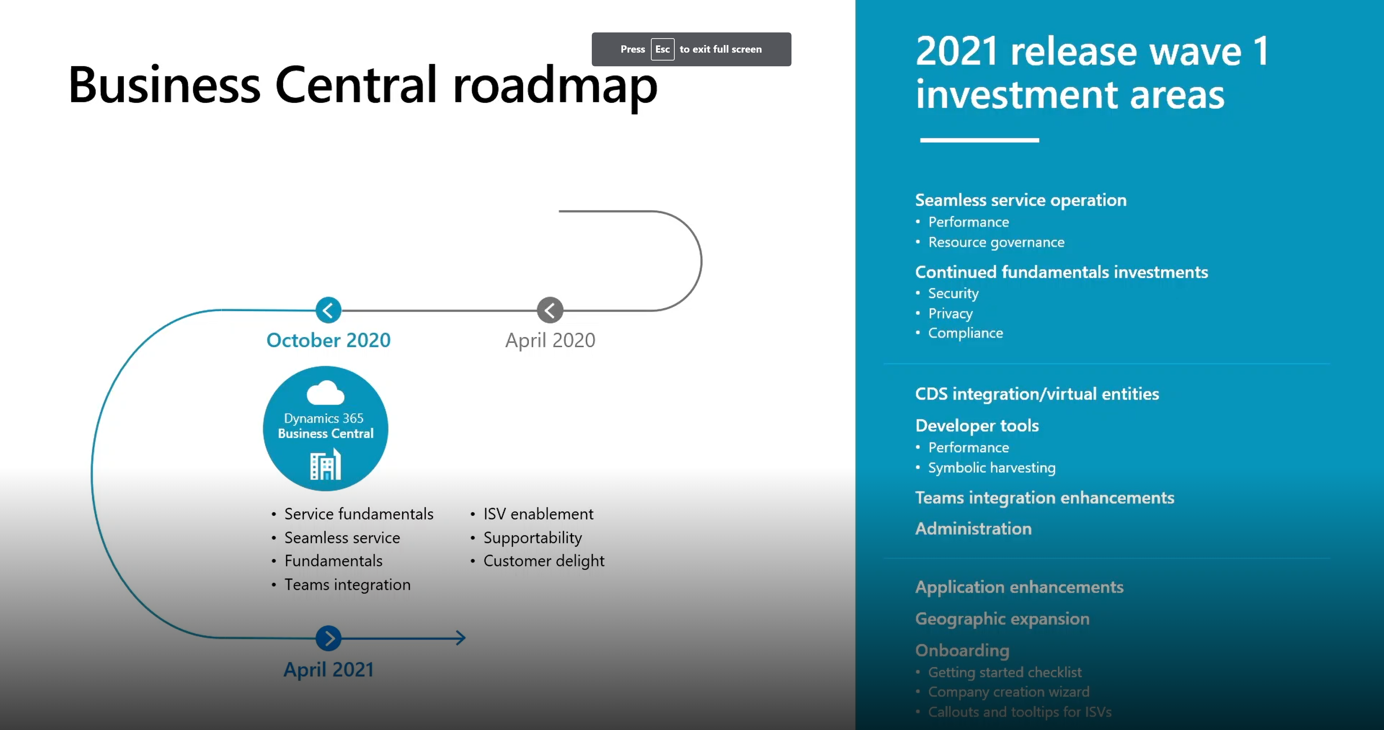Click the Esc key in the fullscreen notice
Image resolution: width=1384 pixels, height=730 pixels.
click(x=662, y=49)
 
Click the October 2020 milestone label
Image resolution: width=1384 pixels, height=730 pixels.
click(x=328, y=340)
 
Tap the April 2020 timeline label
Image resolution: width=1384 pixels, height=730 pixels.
click(x=550, y=340)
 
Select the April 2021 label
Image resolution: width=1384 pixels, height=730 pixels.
click(x=328, y=669)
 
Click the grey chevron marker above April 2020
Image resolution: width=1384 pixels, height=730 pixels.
click(x=550, y=310)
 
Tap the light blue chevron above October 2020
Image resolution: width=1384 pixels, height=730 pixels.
click(x=328, y=310)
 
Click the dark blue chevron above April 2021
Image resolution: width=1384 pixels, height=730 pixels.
click(x=328, y=638)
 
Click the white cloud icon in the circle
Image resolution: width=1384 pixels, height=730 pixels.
click(x=325, y=393)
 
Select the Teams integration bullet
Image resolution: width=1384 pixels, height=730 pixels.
click(x=347, y=584)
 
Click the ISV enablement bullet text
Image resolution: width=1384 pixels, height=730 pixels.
click(x=538, y=514)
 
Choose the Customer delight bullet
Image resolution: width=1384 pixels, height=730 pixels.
click(x=544, y=561)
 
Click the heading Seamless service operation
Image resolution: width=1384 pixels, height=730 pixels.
click(x=1021, y=200)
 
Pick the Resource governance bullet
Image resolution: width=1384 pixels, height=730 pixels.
click(x=996, y=242)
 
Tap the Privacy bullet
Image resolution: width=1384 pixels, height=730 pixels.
click(x=950, y=313)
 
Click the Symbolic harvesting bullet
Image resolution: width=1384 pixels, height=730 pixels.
click(x=992, y=467)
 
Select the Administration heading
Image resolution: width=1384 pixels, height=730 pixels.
click(x=973, y=529)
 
